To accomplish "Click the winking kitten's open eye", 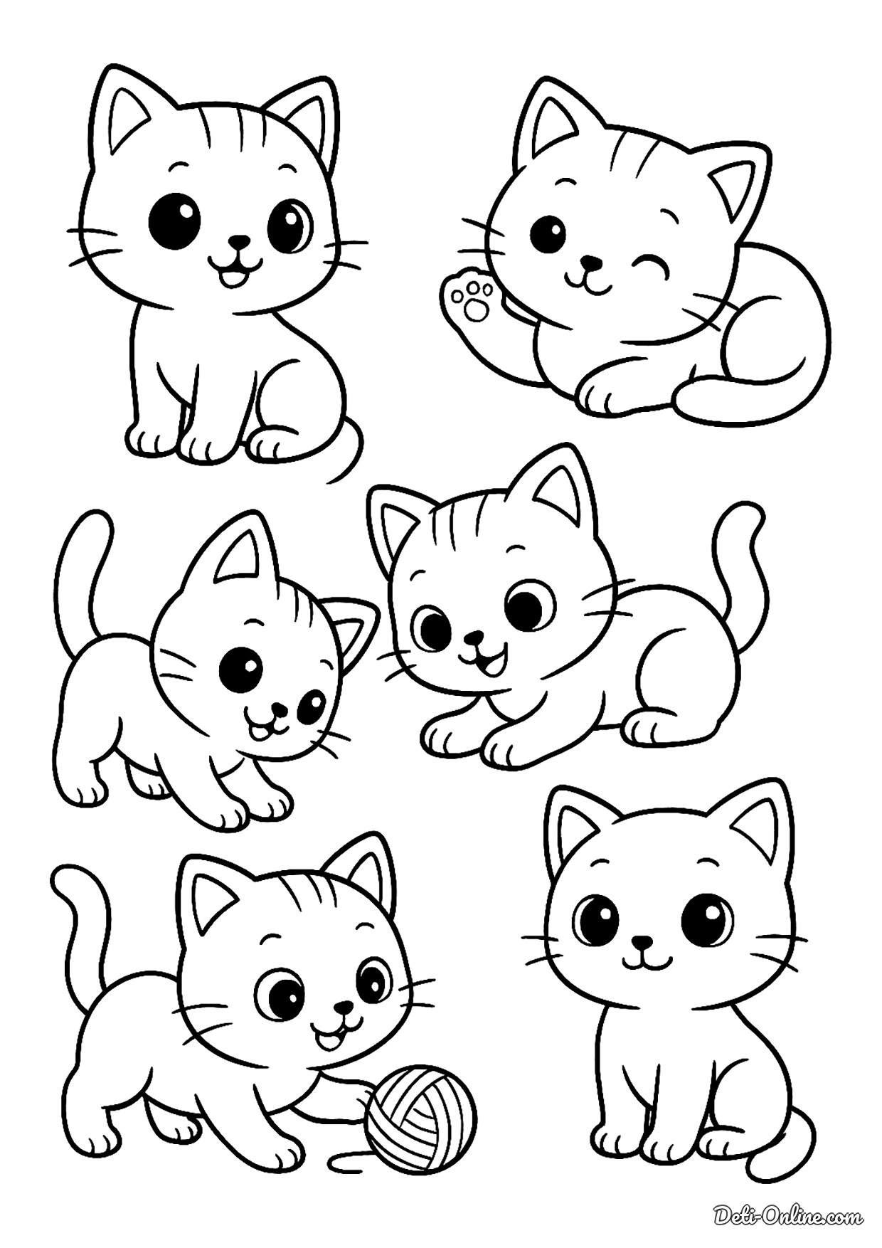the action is (x=549, y=233).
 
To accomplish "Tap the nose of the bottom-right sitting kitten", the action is (x=643, y=942).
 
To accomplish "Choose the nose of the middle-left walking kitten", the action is (x=280, y=711).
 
